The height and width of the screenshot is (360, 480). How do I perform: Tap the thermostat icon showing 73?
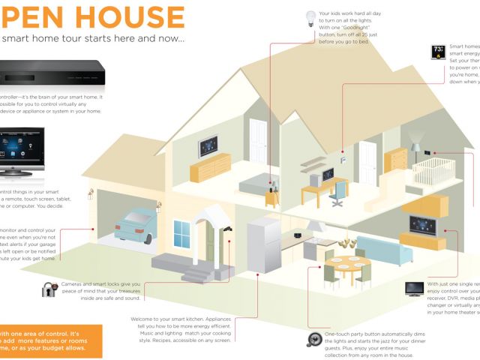click(436, 52)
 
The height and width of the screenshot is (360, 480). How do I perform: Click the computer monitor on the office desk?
click(328, 175)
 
